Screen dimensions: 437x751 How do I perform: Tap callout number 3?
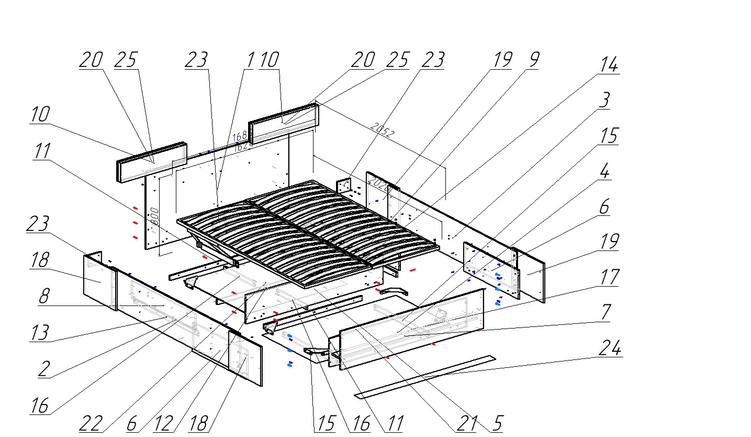pyautogui.click(x=604, y=100)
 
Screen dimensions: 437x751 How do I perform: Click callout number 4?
pyautogui.click(x=604, y=171)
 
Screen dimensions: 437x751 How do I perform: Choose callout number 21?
pyautogui.click(x=465, y=423)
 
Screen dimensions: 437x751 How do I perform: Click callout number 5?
pyautogui.click(x=497, y=423)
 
